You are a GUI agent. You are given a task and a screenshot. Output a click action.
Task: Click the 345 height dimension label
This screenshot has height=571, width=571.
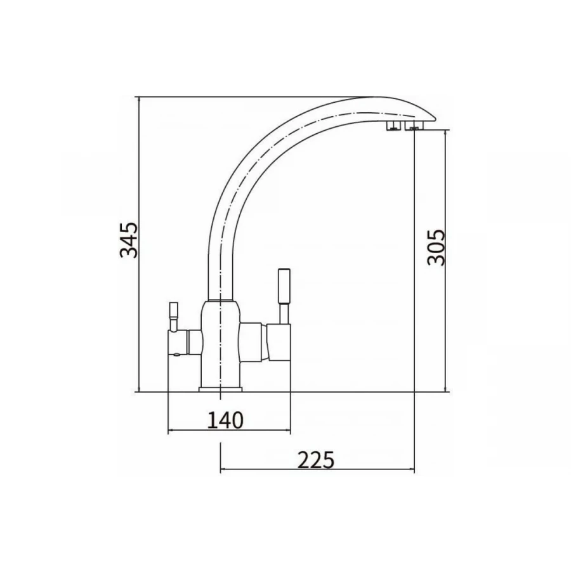(x=129, y=240)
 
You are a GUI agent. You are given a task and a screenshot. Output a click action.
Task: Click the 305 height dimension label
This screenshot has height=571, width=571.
(x=436, y=247)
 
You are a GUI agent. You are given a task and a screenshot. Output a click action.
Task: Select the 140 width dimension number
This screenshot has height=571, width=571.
(x=225, y=420)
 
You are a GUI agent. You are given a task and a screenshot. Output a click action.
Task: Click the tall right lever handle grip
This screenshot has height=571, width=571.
(x=284, y=286)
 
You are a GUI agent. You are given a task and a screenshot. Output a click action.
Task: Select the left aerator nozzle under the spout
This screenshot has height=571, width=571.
(x=393, y=126)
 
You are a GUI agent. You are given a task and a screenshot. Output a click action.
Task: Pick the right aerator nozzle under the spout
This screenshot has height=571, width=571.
(x=414, y=126)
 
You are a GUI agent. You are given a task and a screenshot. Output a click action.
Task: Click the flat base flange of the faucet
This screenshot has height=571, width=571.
(x=220, y=390)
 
